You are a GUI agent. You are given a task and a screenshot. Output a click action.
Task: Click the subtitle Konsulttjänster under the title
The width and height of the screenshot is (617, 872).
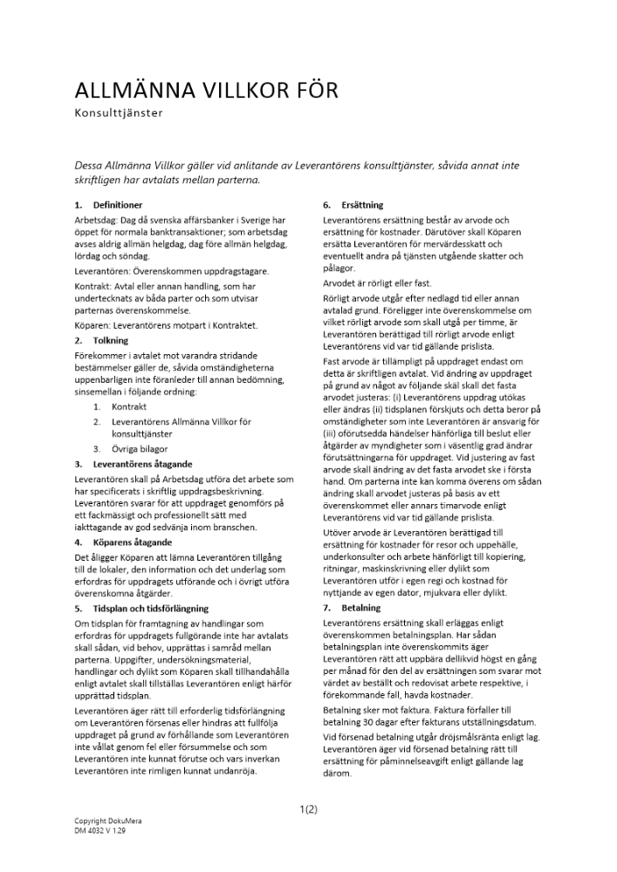pos(120,112)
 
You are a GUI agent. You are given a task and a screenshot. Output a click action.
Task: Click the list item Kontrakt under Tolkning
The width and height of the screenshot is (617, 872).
pos(130,407)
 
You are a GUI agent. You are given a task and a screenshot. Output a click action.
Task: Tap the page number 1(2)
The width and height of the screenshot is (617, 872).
pos(308,809)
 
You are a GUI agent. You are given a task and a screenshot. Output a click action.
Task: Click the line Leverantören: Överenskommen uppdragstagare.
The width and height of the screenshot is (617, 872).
pos(171,271)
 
